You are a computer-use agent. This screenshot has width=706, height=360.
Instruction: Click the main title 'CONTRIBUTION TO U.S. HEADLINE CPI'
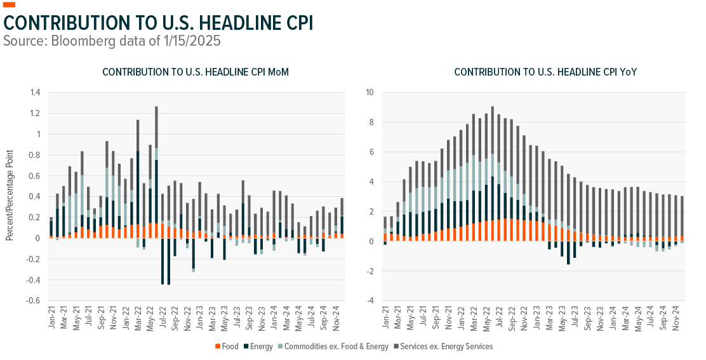[x=158, y=23]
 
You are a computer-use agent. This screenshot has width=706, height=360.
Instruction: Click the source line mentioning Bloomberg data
[x=112, y=41]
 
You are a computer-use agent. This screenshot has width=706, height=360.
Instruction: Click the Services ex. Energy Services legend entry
[x=444, y=346]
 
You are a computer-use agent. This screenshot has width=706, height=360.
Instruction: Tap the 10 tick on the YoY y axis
[x=369, y=93]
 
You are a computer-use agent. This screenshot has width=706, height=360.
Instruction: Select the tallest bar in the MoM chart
[x=156, y=171]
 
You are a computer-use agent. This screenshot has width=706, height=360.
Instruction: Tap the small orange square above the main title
[x=9, y=5]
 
